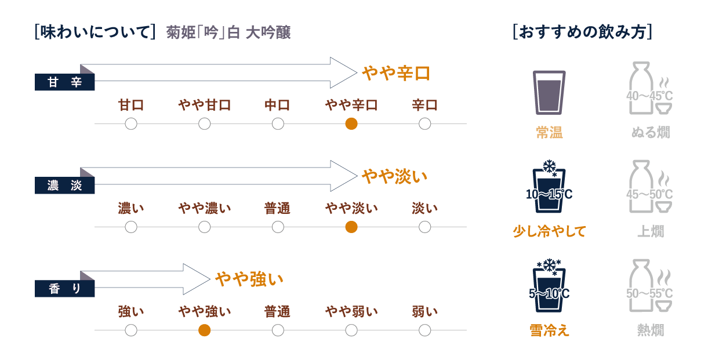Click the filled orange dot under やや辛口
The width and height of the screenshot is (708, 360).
coord(351,123)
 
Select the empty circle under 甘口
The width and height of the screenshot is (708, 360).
coord(131,123)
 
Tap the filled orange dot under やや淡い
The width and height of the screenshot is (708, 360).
coord(351,227)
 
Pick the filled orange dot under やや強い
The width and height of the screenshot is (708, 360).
coord(204,330)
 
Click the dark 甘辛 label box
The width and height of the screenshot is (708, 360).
coord(65,83)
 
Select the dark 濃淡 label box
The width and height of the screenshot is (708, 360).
coord(65,186)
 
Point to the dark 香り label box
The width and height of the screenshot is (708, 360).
coord(65,289)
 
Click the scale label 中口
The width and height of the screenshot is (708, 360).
coord(278,106)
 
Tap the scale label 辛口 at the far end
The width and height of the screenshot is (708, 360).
coord(424,106)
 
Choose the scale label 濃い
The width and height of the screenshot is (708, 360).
coord(131,208)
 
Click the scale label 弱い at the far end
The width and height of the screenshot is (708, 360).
coord(424,312)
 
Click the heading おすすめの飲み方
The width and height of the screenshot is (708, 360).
coord(583,32)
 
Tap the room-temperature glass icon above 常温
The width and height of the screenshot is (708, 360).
coord(549,92)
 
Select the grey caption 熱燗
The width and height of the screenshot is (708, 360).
coord(651,330)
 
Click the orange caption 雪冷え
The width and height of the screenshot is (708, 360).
coord(549,330)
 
